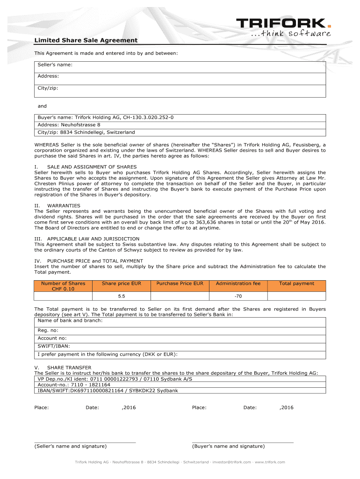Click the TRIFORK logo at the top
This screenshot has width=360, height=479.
[283, 23]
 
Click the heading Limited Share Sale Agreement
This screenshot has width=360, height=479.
[86, 41]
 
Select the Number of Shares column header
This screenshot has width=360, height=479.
[63, 286]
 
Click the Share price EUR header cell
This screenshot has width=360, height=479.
[122, 283]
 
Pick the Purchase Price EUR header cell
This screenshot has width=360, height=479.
[180, 283]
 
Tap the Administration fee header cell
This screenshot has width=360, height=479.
[238, 283]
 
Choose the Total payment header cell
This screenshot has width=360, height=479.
[296, 283]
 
